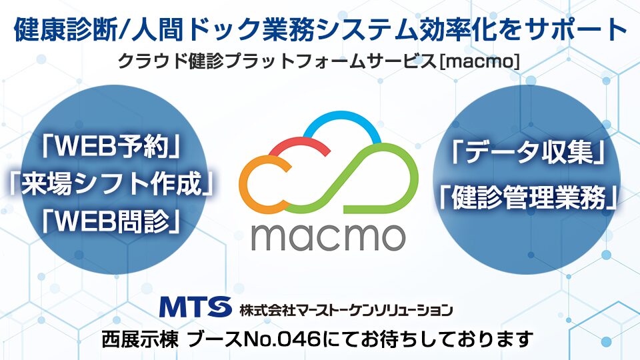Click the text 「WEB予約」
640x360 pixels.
111,147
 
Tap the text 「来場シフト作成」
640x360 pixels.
111,183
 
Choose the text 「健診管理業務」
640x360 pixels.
528,197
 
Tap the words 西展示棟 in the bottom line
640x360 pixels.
140,339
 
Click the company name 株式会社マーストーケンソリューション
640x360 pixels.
346,310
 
